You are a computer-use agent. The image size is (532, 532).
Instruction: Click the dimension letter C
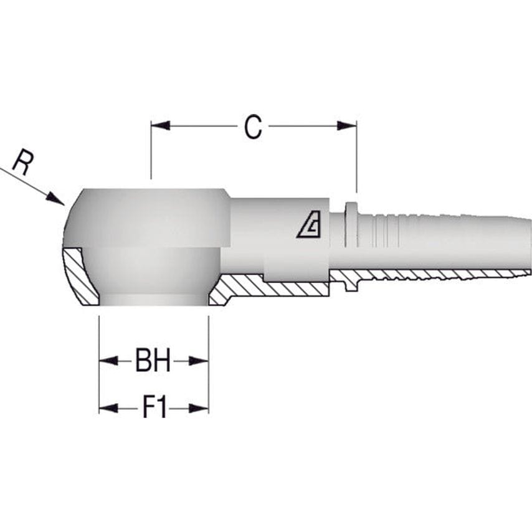tap(252, 128)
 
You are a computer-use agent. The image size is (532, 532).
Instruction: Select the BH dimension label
tap(153, 361)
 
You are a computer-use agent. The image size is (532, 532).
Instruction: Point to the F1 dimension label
tap(154, 408)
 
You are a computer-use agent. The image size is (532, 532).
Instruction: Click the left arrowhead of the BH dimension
tap(108, 361)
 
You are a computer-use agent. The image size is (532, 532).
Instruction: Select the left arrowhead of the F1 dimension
tap(108, 408)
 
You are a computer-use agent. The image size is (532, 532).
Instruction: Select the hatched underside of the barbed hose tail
tap(430, 275)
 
